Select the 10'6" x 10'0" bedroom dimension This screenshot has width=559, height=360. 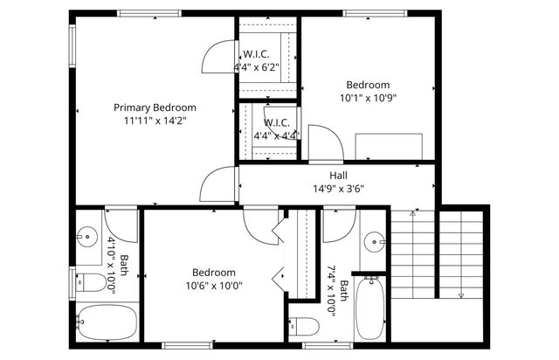[213, 285]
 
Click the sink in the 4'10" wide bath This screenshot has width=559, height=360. [86, 235]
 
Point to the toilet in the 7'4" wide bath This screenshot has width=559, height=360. [305, 327]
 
